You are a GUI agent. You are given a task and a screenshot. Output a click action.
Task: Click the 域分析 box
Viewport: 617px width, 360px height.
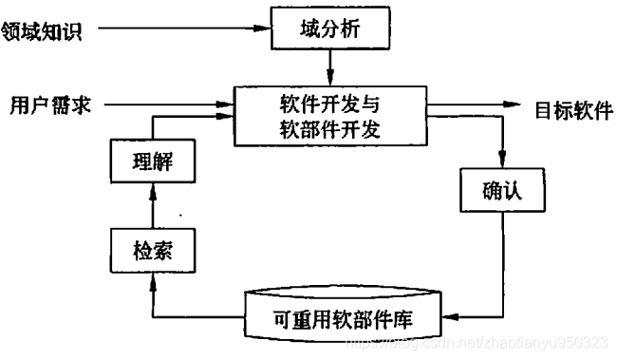click(x=330, y=30)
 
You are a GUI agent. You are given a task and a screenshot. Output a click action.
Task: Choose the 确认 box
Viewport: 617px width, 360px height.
click(x=502, y=193)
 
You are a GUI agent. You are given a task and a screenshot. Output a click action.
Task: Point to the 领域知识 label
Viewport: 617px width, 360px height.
click(x=44, y=31)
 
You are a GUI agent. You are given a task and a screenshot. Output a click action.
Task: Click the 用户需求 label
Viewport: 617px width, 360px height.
click(x=48, y=104)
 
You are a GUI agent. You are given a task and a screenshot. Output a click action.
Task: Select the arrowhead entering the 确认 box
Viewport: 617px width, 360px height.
click(x=502, y=164)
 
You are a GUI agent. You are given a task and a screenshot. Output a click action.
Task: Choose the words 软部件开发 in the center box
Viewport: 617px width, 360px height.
click(x=330, y=130)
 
